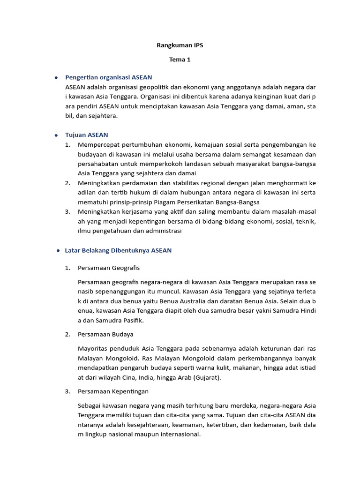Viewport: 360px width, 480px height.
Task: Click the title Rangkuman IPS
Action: (180, 45)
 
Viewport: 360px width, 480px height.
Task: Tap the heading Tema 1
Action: (180, 60)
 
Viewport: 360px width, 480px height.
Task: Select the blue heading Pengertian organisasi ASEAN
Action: (108, 77)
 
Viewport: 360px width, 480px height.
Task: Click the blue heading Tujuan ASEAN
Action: (86, 135)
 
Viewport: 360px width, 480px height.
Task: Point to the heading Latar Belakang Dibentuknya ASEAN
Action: (118, 250)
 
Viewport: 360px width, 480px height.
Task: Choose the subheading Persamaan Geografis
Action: (109, 268)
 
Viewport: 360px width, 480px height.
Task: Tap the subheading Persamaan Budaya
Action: (105, 334)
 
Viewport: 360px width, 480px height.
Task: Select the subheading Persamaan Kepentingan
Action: (113, 391)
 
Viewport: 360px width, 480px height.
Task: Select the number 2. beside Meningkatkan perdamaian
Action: (68, 183)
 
